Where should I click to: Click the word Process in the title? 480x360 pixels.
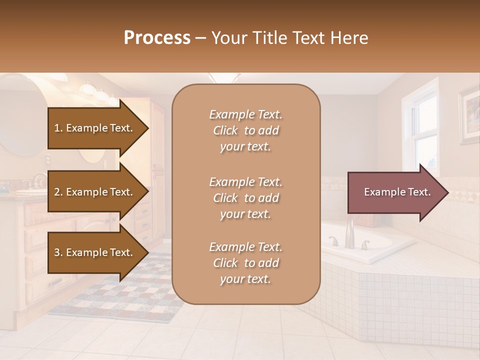(x=157, y=38)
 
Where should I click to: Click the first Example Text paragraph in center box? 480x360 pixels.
(x=245, y=130)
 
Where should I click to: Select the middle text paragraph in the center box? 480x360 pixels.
(x=245, y=198)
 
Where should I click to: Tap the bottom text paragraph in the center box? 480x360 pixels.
(x=245, y=263)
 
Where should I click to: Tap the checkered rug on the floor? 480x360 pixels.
(x=125, y=295)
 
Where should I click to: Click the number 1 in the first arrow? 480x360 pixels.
(x=56, y=128)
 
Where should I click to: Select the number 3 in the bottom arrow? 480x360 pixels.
(x=57, y=252)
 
